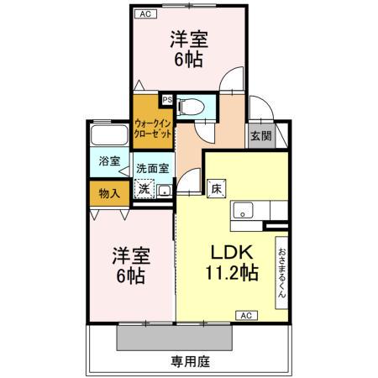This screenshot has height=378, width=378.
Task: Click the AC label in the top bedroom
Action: [144, 14]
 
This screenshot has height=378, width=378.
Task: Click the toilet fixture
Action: [191, 106]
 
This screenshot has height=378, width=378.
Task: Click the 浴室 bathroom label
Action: [108, 161]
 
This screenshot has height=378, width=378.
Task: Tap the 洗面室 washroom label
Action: [153, 167]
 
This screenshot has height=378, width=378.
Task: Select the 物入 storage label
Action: [108, 192]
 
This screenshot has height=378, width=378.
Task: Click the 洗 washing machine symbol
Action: [144, 190]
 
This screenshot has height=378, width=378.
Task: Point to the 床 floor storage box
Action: [216, 188]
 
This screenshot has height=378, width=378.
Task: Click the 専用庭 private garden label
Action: [189, 362]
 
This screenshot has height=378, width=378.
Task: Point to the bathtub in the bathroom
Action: [109, 136]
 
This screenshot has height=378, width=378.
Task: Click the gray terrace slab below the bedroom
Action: [175, 338]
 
